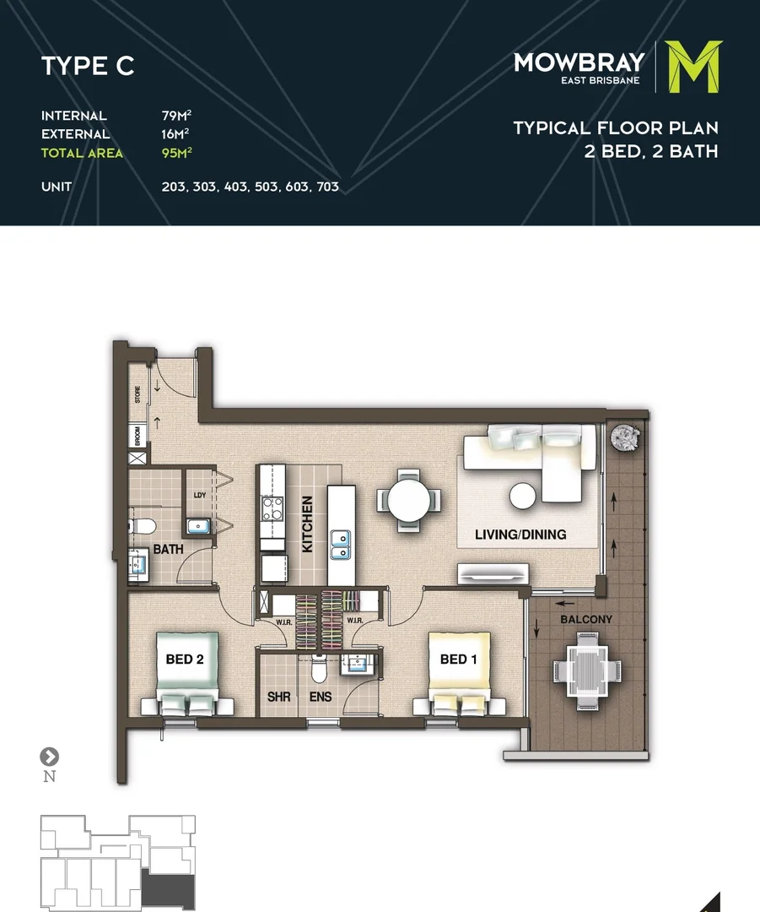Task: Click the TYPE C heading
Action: (x=88, y=67)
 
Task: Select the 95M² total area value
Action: (x=176, y=153)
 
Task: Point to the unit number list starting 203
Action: (x=250, y=187)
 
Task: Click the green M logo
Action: (x=693, y=67)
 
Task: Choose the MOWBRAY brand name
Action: (x=579, y=62)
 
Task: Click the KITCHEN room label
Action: (x=307, y=524)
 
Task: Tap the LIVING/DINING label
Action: (x=520, y=535)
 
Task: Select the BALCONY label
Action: (x=586, y=619)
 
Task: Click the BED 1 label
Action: (x=454, y=659)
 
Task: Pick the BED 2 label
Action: (x=185, y=659)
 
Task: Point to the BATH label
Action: (x=168, y=550)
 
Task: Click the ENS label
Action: (x=321, y=698)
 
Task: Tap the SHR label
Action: (x=279, y=698)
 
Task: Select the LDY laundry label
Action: (x=200, y=496)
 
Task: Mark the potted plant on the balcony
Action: (x=626, y=437)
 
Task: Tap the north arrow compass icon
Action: (x=50, y=756)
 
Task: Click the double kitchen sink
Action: (x=342, y=546)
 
